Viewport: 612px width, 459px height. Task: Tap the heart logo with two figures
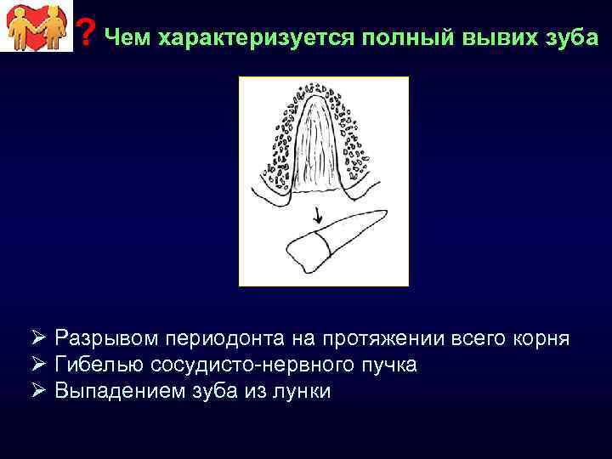[x=35, y=26]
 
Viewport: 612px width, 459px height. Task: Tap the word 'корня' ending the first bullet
[x=541, y=338]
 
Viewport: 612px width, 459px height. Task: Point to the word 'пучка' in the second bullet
[x=391, y=365]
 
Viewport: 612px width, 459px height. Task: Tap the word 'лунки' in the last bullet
[x=303, y=391]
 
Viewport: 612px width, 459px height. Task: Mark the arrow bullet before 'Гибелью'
[x=39, y=365]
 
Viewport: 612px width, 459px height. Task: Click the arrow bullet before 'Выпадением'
[x=39, y=391]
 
